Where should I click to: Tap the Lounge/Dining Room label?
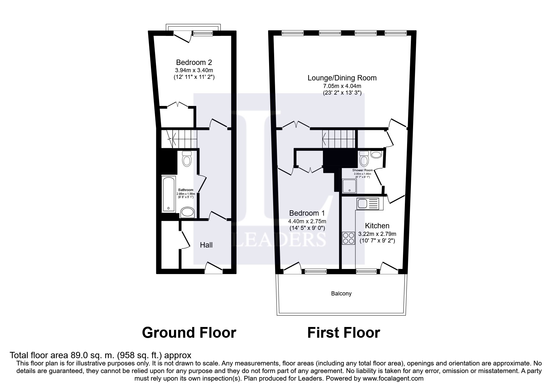(342, 78)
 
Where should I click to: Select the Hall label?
(206, 245)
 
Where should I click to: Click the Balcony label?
(341, 294)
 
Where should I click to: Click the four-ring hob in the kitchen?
(348, 238)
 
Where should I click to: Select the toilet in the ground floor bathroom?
(187, 159)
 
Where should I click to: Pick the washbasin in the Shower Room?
(376, 155)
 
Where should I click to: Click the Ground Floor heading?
(189, 333)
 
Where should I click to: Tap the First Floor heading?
(343, 333)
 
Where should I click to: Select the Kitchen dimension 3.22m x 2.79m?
(377, 234)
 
